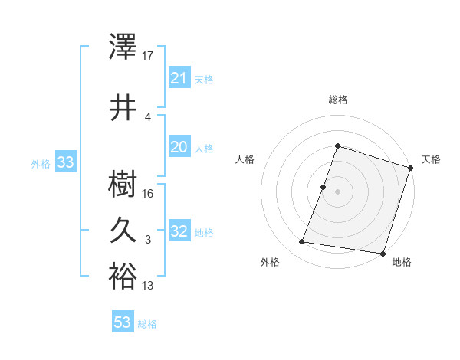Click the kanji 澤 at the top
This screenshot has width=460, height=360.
coord(123,47)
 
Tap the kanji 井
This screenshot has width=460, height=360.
coord(123,107)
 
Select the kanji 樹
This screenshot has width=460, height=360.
coord(123,184)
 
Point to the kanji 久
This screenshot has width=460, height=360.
coord(123,230)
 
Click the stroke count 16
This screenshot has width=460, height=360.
coord(149,193)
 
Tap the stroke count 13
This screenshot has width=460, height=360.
coord(149,286)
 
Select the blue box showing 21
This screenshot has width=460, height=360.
coord(179,78)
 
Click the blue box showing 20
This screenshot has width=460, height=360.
coord(179,147)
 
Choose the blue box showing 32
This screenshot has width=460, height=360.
coord(179,231)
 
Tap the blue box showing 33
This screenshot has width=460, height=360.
coord(65,162)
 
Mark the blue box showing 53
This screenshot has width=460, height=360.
coord(123,322)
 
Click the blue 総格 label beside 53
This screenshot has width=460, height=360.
coord(148,324)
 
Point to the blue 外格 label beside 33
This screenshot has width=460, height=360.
coord(41,163)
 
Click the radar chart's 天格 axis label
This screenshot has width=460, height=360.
coord(431,159)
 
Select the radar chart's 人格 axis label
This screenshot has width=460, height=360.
coord(245,159)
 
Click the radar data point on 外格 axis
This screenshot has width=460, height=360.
coord(302,242)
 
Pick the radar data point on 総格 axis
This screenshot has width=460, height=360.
coord(337,146)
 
